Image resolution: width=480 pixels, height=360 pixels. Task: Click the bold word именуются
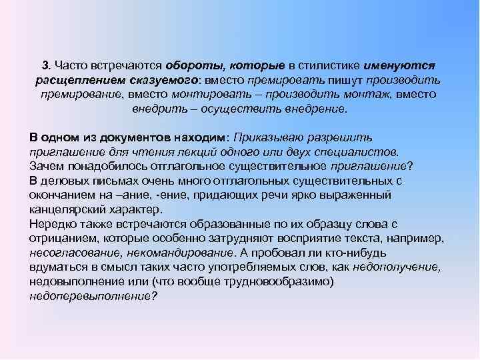401,66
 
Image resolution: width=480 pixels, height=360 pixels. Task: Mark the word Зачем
46,166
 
